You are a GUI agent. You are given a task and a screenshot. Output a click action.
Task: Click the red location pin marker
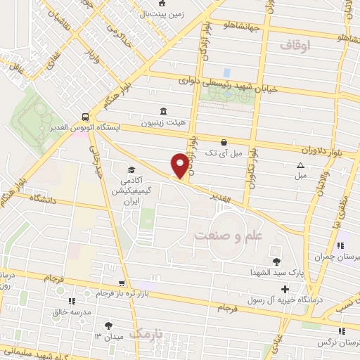[x=181, y=165]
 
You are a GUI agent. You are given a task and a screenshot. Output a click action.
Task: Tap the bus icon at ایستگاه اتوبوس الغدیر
[x=85, y=117]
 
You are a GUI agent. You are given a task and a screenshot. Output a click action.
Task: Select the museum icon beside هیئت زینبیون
[x=163, y=111]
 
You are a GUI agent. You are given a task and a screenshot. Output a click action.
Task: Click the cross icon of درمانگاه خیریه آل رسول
[x=284, y=289]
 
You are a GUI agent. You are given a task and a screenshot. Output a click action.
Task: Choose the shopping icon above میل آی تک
[x=224, y=141]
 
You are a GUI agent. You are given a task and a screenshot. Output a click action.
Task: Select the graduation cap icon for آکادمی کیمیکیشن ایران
[x=131, y=169]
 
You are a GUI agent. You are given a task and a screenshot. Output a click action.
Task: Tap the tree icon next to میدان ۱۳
[x=108, y=325]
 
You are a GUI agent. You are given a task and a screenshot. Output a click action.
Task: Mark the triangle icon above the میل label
[x=300, y=165]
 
